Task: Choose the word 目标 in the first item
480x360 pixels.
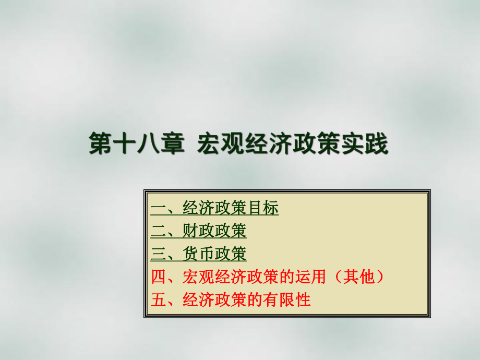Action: [263, 209]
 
